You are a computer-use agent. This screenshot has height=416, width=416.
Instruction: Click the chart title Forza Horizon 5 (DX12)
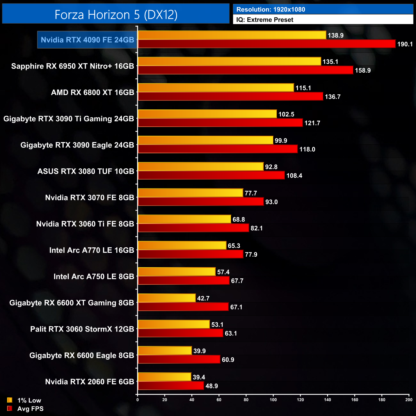click(x=116, y=14)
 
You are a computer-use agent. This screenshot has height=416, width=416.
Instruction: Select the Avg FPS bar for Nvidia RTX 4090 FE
click(x=267, y=44)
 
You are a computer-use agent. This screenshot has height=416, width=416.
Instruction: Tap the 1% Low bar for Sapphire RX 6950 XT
click(x=229, y=61)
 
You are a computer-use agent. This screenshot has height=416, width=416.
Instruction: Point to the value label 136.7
click(x=332, y=97)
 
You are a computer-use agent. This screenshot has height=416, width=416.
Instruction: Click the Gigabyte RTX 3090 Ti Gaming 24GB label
click(x=68, y=119)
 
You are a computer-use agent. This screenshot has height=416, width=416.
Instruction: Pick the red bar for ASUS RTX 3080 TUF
click(x=211, y=175)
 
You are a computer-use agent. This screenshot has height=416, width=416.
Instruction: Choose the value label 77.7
click(x=251, y=193)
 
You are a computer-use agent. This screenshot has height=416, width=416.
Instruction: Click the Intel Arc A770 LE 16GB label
click(x=92, y=250)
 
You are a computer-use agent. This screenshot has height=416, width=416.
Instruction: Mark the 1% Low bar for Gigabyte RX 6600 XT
click(x=166, y=298)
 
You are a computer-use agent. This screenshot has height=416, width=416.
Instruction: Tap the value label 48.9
click(x=212, y=386)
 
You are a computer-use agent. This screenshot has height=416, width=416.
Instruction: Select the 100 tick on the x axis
click(x=273, y=400)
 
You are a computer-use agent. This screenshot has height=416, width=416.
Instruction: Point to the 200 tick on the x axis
click(x=409, y=400)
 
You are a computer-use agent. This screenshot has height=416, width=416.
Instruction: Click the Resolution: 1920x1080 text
click(x=271, y=10)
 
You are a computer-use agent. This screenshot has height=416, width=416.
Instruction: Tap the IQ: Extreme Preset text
click(x=265, y=20)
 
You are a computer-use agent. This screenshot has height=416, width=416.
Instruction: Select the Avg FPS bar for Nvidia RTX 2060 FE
click(x=171, y=386)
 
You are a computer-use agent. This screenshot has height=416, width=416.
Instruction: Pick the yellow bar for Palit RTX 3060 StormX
click(x=173, y=324)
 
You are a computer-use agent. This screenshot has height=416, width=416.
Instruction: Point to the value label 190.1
click(x=405, y=44)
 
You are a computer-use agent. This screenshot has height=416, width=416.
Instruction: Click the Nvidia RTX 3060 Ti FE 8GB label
click(x=85, y=224)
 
